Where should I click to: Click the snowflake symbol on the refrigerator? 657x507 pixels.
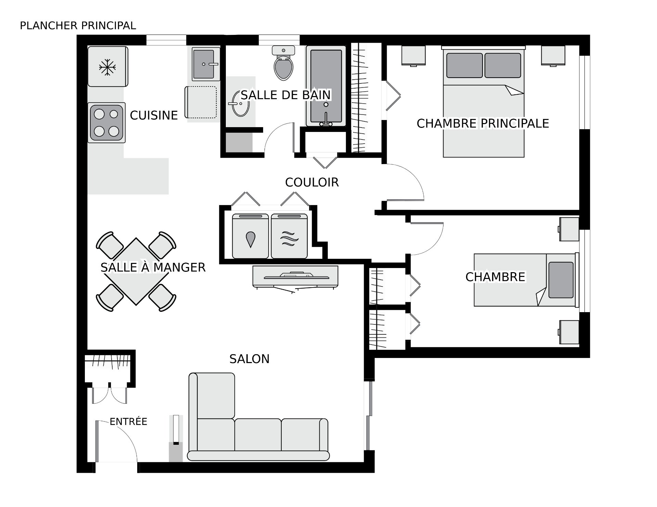pyautogui.click(x=107, y=67)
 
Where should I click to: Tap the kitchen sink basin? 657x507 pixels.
pyautogui.click(x=203, y=64)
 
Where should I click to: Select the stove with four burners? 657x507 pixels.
pyautogui.click(x=106, y=123)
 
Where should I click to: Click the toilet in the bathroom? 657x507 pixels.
pyautogui.click(x=284, y=63)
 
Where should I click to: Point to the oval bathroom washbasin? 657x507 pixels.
pyautogui.click(x=240, y=103)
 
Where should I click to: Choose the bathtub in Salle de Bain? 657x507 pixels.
pyautogui.click(x=326, y=86)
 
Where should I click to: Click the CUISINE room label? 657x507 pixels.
pyautogui.click(x=154, y=116)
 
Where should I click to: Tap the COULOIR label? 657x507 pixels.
pyautogui.click(x=312, y=183)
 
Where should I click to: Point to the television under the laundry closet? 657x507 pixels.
pyautogui.click(x=295, y=276)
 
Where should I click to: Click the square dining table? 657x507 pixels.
pyautogui.click(x=136, y=271)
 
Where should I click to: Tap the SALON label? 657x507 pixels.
pyautogui.click(x=249, y=359)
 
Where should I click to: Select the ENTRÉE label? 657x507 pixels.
pyautogui.click(x=128, y=422)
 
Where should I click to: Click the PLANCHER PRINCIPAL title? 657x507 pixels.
pyautogui.click(x=78, y=26)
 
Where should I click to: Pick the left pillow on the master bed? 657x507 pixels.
pyautogui.click(x=464, y=65)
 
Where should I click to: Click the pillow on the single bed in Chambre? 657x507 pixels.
pyautogui.click(x=561, y=280)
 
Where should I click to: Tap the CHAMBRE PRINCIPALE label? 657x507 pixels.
pyautogui.click(x=483, y=123)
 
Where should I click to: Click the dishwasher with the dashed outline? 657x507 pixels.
pyautogui.click(x=201, y=102)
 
